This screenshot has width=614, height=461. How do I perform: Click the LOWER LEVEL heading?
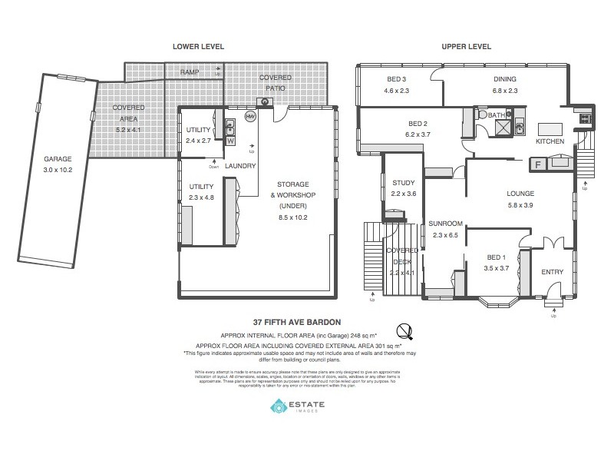click(198, 47)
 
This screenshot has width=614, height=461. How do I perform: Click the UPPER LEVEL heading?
click(466, 47)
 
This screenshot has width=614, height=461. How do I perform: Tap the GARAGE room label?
click(58, 160)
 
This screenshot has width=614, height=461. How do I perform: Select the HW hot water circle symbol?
click(250, 117)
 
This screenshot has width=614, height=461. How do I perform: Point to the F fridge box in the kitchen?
click(538, 164)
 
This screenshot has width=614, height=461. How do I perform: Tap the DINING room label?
click(505, 79)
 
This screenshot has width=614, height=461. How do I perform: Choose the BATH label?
click(498, 115)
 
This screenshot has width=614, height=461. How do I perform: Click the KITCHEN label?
click(550, 141)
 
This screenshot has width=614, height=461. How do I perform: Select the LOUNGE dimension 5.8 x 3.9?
click(520, 205)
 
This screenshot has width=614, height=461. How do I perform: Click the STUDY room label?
click(403, 183)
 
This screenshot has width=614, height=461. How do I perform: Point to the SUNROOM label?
click(444, 224)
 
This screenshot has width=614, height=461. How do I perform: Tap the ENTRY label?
click(552, 272)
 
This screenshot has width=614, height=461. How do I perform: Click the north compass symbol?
click(404, 331)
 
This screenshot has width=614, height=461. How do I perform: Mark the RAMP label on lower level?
click(190, 72)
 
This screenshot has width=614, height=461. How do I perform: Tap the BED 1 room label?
click(497, 257)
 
